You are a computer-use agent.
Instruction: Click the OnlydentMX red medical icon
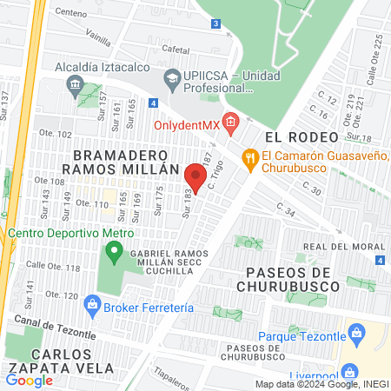tap(229, 124)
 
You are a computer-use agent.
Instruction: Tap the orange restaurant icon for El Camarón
tap(249, 157)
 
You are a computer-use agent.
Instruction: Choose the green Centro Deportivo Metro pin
tap(113, 253)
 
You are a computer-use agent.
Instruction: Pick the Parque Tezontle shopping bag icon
tap(355, 332)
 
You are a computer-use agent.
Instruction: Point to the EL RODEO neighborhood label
tap(294, 137)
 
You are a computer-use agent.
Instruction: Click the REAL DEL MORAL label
tap(344, 247)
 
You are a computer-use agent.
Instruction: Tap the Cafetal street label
tap(175, 50)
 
